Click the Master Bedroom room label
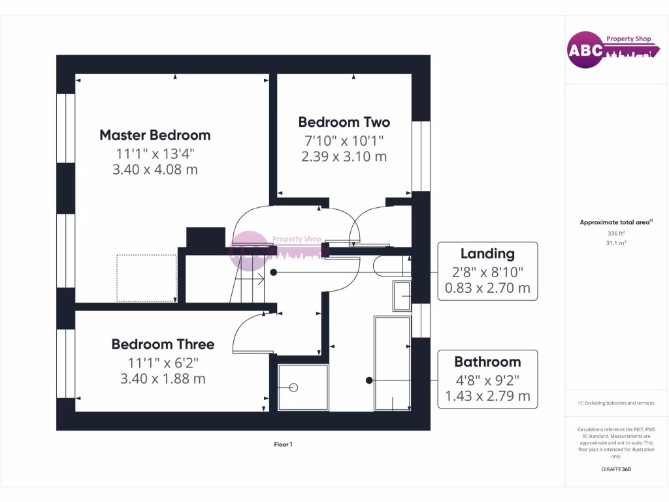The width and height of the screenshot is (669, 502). pos(155,135)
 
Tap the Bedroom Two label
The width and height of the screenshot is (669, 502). pos(344,122)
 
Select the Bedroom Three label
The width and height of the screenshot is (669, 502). pos(163,344)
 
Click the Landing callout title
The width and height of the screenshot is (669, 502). pos(487,254)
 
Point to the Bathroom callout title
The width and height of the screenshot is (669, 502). pos(487,362)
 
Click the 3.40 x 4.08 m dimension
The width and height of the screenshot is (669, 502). pos(155,170)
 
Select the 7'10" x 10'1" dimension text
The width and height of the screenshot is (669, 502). pos(344,141)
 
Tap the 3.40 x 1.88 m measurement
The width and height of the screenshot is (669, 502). pos(163,379)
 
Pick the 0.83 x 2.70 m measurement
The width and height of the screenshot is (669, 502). pos(487,288)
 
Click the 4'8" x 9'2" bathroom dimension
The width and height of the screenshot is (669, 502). pos(487,379)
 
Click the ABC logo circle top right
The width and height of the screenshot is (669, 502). pos(585,50)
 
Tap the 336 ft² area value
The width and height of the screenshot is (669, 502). pos(615,233)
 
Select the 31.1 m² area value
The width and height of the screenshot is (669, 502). pos(615,243)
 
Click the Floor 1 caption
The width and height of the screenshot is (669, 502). pos(283,444)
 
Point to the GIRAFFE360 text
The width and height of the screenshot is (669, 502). pos(616,469)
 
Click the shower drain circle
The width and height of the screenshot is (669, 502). pos(293,388)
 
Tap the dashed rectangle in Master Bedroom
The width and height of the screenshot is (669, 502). pos(146,278)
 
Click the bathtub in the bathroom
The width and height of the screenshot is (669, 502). pos(392,363)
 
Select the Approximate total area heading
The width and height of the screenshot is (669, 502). pos(615,223)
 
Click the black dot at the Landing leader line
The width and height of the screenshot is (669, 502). pos(274,271)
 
